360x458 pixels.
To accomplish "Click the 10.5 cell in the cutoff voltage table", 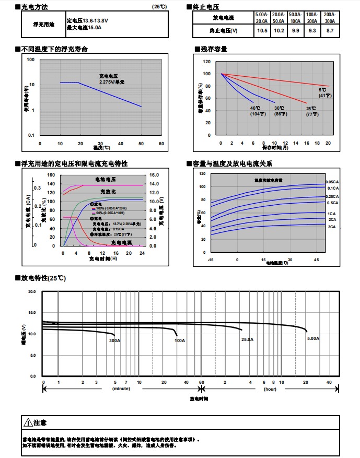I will pos(262,31).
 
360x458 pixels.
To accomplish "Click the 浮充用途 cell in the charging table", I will pos(42,24).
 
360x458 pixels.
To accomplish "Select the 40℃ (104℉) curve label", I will pos(254,111).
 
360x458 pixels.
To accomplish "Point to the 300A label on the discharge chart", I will pos(115,340).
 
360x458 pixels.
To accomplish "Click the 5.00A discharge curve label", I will pos(313,339).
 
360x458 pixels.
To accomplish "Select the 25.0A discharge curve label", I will pos(247,339).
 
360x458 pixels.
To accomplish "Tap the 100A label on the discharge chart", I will pos(180,340).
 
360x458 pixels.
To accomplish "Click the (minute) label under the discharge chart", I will pos(121,389).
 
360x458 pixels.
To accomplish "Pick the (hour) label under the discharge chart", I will pos(270,389).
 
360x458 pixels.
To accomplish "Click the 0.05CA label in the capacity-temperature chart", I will pos(332,182).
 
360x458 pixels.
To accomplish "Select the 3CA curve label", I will pos(332,227).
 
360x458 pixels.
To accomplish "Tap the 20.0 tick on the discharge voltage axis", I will pos(32,291).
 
